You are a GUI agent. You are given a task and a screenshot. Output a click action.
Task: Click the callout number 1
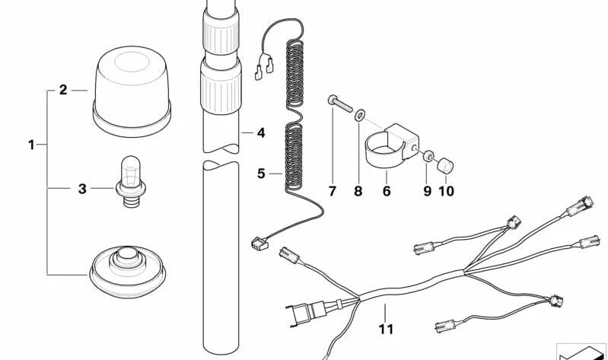tap(31, 144)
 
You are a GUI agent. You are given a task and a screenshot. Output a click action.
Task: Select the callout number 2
tap(63, 91)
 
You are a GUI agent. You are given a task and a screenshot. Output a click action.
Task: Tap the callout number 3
tap(82, 189)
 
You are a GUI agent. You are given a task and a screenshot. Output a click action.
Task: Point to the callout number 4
tap(260, 133)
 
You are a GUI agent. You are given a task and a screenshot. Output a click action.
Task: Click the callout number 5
tap(260, 174)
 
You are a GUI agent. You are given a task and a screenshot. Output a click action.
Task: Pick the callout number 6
tap(387, 191)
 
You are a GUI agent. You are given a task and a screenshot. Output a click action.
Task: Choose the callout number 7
tap(332, 191)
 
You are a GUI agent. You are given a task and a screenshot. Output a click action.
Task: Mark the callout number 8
tap(358, 191)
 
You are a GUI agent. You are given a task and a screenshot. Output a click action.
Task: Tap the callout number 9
tap(427, 191)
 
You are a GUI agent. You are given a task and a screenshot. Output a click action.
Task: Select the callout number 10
tap(446, 191)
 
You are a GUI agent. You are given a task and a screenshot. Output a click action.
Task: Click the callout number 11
tap(386, 330)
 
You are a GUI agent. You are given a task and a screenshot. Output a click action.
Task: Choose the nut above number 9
tap(430, 155)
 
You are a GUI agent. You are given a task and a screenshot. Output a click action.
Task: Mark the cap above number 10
tap(446, 165)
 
